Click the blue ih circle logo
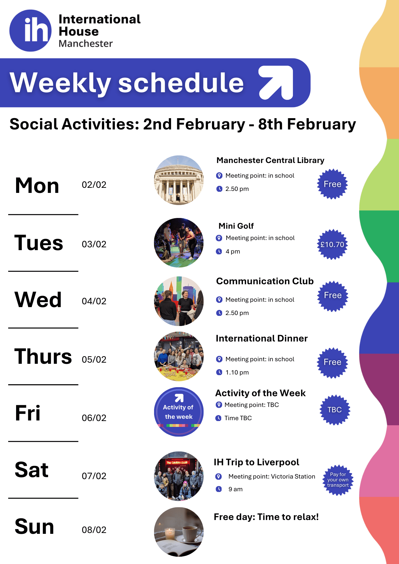point(30,30)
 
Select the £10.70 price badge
point(332,244)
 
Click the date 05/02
point(94,360)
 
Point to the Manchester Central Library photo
point(179,180)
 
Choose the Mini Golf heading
point(236,226)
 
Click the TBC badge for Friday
point(335,410)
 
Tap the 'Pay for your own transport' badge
point(338,480)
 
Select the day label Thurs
point(43,356)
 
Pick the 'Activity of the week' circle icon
point(179,412)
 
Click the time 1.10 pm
point(237,373)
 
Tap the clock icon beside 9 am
point(219,489)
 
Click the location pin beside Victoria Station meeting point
point(219,477)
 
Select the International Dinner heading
point(262,338)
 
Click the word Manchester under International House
point(85,44)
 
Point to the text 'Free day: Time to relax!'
point(266,517)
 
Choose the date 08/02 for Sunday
point(94,530)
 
